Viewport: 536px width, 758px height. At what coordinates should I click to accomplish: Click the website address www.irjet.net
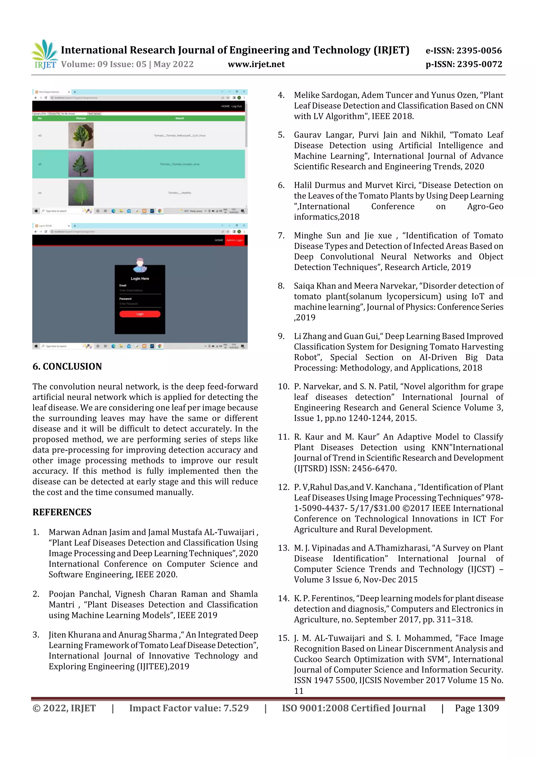[256, 64]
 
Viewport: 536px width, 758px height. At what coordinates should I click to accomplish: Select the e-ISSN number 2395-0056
[479, 50]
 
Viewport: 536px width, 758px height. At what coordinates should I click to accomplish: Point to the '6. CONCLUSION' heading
[67, 367]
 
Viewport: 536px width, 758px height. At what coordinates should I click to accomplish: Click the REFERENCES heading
[62, 512]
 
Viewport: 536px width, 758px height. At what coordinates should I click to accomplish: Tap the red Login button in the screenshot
[140, 314]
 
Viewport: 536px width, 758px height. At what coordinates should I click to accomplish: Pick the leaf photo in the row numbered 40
[81, 135]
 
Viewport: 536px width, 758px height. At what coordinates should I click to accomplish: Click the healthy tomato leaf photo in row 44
[81, 193]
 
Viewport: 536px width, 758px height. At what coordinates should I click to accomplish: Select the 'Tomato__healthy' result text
[179, 193]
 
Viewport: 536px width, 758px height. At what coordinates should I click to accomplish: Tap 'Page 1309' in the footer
[477, 708]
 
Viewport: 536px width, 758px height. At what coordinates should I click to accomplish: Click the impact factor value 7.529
[236, 708]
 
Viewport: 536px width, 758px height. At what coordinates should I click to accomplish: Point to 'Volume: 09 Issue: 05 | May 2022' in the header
[127, 64]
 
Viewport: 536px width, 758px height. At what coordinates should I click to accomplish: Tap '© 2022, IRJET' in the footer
[64, 708]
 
